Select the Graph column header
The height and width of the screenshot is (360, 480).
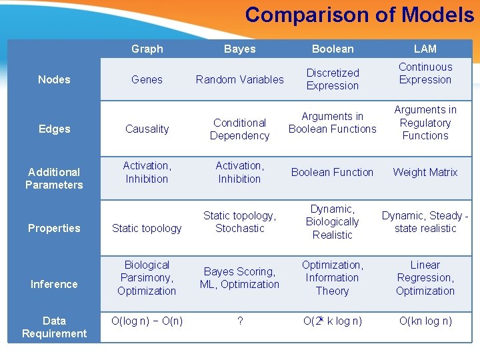[x=147, y=49]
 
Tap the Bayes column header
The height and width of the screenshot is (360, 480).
[x=239, y=49]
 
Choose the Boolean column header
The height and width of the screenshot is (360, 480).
[x=333, y=49]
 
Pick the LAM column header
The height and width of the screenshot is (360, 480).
[x=425, y=49]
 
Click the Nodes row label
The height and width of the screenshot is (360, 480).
[x=54, y=79]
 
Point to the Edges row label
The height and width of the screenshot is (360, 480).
[x=54, y=129]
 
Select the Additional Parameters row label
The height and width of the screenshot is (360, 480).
[x=54, y=178]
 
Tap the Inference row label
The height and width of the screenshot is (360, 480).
[x=54, y=284]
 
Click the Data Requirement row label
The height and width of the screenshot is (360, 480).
[x=54, y=327]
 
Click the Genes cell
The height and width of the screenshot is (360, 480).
[x=147, y=79]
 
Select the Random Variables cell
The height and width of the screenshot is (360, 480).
[x=239, y=79]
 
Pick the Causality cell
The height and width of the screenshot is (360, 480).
[x=147, y=129]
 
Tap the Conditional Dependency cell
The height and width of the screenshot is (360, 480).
[x=239, y=129]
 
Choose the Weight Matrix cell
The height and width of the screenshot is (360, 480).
[x=425, y=172]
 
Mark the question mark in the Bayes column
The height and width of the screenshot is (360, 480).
[x=240, y=321]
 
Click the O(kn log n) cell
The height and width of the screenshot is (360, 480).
[x=425, y=321]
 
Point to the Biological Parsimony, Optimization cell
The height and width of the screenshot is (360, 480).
[x=147, y=277]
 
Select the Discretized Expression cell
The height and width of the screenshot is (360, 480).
[x=333, y=79]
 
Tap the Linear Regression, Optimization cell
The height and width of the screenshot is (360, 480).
[x=425, y=277]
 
